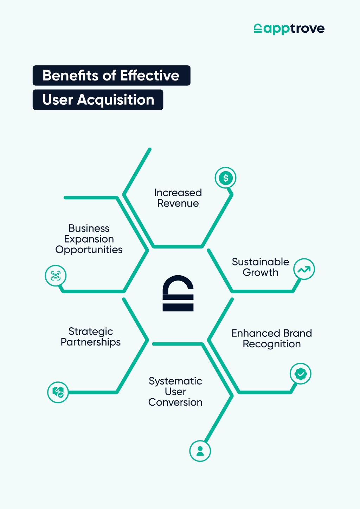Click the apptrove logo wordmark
point(289,29)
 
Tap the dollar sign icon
point(225,178)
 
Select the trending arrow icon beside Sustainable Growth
point(304,269)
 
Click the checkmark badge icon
point(301,374)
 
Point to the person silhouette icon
point(200,451)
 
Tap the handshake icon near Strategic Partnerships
point(58,392)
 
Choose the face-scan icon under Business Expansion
point(56,276)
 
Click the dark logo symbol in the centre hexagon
point(178,293)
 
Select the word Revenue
point(178,204)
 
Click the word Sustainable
point(261,262)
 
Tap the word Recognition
point(272,344)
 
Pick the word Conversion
point(175,402)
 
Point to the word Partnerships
point(90,342)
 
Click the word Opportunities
point(89,250)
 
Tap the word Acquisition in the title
point(116,100)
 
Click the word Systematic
point(175,381)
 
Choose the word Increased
point(178,193)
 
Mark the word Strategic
point(90,332)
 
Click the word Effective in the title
point(149,75)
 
